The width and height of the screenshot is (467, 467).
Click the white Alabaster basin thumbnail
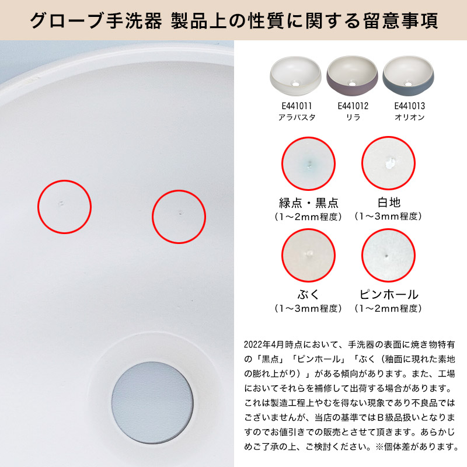pyautogui.click(x=296, y=76)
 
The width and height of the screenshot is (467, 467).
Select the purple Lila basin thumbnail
pyautogui.click(x=353, y=76)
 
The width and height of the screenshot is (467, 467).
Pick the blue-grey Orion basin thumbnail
pyautogui.click(x=408, y=76)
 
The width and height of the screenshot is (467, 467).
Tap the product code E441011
pyautogui.click(x=297, y=106)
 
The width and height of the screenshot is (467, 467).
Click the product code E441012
pyautogui.click(x=353, y=106)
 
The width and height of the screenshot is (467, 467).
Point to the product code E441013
pyautogui.click(x=410, y=106)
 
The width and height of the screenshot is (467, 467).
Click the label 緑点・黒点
pyautogui.click(x=309, y=203)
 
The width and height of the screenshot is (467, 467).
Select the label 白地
pyautogui.click(x=389, y=203)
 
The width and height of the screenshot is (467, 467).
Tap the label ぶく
pyautogui.click(x=308, y=295)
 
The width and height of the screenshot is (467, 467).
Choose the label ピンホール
pyautogui.click(x=389, y=295)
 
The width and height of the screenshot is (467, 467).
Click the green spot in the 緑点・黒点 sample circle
pyautogui.click(x=309, y=165)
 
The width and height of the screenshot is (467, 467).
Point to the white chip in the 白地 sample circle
pyautogui.click(x=390, y=163)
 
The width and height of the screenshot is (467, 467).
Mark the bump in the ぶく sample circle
pyautogui.click(x=308, y=254)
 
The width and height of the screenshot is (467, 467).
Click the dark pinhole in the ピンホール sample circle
pyautogui.click(x=386, y=256)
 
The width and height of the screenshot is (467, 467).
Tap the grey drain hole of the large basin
pyautogui.click(x=152, y=403)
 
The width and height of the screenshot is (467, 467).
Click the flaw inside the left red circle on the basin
pyautogui.click(x=61, y=203)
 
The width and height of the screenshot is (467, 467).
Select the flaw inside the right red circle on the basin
pyautogui.click(x=180, y=212)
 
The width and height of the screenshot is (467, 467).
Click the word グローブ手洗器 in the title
pyautogui.click(x=96, y=20)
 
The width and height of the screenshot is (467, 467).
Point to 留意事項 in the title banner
pyautogui.click(x=400, y=20)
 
